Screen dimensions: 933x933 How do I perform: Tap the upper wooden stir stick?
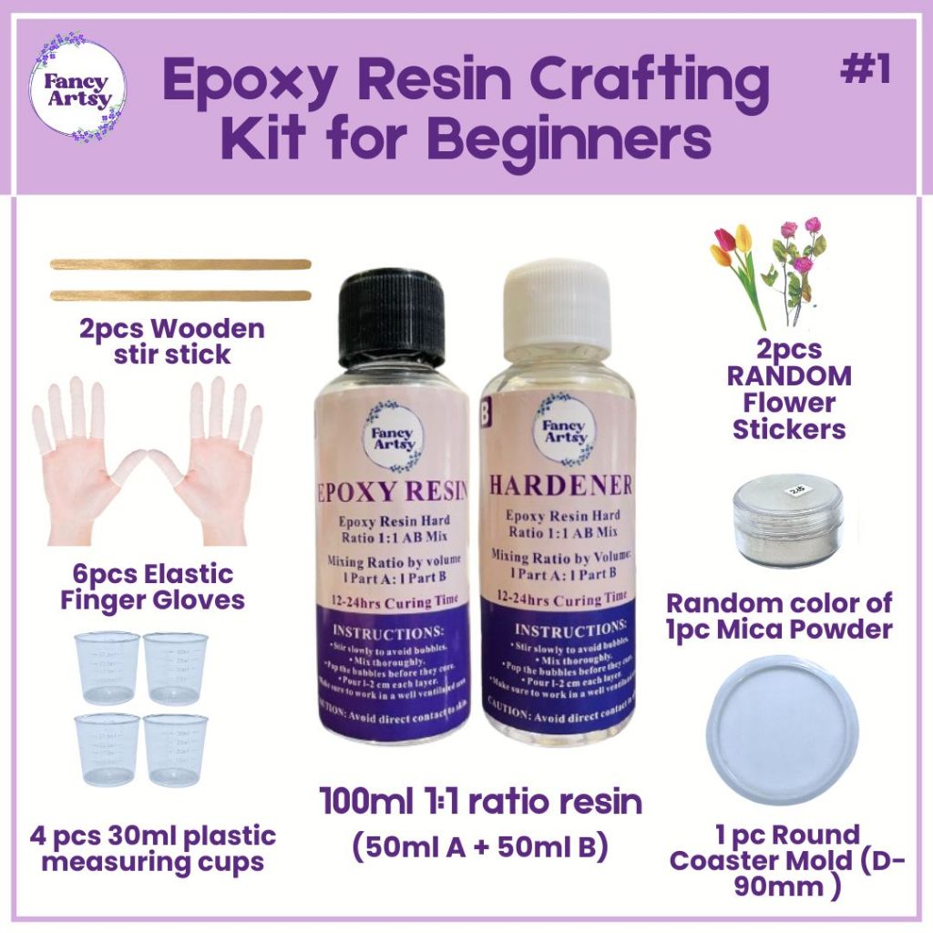pyautogui.click(x=180, y=264)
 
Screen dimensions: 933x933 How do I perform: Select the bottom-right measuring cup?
pyautogui.click(x=176, y=749)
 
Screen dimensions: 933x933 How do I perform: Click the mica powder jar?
pyautogui.click(x=788, y=519)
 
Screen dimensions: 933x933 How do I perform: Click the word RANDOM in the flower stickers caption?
pyautogui.click(x=789, y=375)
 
